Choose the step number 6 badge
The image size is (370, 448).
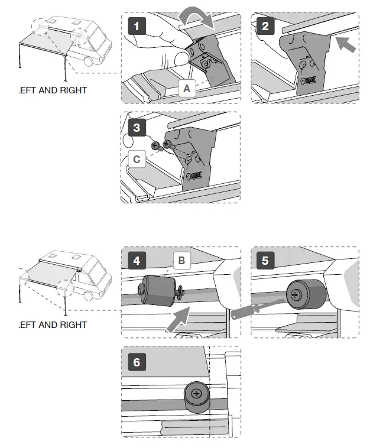[x=137, y=361]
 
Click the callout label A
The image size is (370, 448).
[x=186, y=88]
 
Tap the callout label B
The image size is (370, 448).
[x=181, y=259]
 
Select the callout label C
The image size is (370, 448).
[x=137, y=159]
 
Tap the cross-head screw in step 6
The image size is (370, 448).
[x=196, y=392]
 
